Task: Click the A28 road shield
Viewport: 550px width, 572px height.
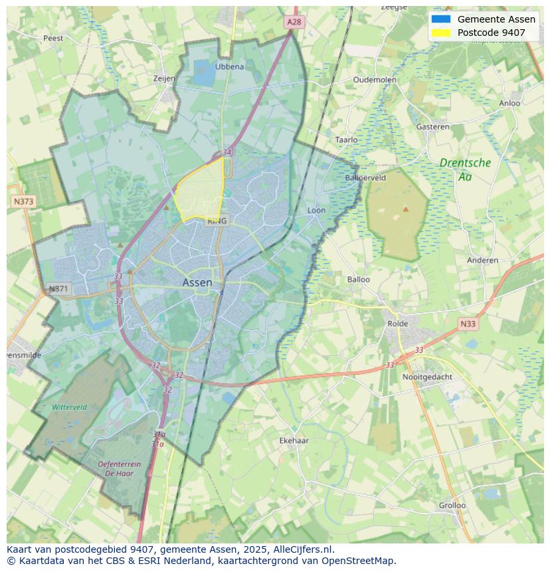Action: [294, 22]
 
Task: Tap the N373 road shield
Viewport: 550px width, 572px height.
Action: [23, 201]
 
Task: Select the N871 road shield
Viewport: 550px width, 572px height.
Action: [58, 289]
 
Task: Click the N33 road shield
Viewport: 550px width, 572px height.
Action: [468, 324]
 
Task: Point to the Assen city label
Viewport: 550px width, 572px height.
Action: [197, 282]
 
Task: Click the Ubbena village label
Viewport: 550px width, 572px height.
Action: [229, 66]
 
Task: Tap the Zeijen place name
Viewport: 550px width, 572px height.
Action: [164, 78]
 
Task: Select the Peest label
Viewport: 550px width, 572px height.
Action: [53, 39]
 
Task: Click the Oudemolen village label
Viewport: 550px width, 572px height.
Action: [375, 80]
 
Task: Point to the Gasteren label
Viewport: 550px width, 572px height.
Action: [432, 126]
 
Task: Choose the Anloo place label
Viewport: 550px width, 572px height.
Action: [509, 103]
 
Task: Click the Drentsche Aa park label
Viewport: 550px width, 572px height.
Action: [465, 169]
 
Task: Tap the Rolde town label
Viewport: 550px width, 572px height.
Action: [398, 324]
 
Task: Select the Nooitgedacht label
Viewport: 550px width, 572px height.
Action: [427, 377]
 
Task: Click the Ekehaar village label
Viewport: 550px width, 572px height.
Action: [294, 440]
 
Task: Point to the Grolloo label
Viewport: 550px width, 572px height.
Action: [452, 505]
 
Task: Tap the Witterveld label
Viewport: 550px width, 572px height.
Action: [69, 407]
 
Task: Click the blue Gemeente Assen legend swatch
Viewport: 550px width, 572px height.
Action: [440, 19]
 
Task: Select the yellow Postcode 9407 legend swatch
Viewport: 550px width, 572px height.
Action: [440, 33]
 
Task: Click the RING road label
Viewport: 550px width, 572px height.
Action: [217, 221]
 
